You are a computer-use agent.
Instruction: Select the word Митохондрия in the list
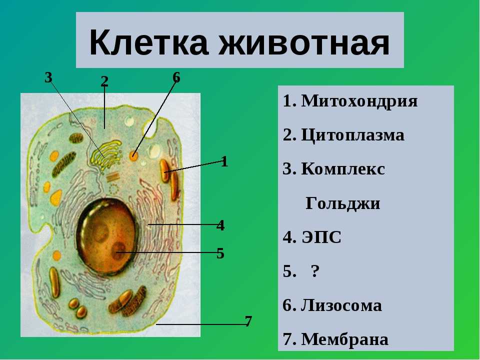tap(359, 100)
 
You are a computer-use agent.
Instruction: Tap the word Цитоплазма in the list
tap(352, 134)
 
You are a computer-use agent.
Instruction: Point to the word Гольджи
tap(343, 203)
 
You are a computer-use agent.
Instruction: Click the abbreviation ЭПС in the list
tap(321, 237)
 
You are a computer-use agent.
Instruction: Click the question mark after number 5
tap(315, 270)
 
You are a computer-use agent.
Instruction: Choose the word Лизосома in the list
tap(341, 305)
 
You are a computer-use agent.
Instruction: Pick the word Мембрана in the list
tap(344, 339)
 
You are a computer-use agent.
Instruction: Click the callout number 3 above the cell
tap(48, 77)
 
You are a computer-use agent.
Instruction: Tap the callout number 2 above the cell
tap(104, 81)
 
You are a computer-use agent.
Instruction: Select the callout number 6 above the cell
tap(176, 77)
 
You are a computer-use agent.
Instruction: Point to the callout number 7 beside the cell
tap(248, 321)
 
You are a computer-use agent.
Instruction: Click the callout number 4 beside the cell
tap(220, 225)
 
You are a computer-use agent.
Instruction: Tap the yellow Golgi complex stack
tap(106, 154)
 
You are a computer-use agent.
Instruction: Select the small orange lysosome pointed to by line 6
tap(133, 155)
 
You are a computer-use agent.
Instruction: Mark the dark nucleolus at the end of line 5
tap(118, 250)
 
